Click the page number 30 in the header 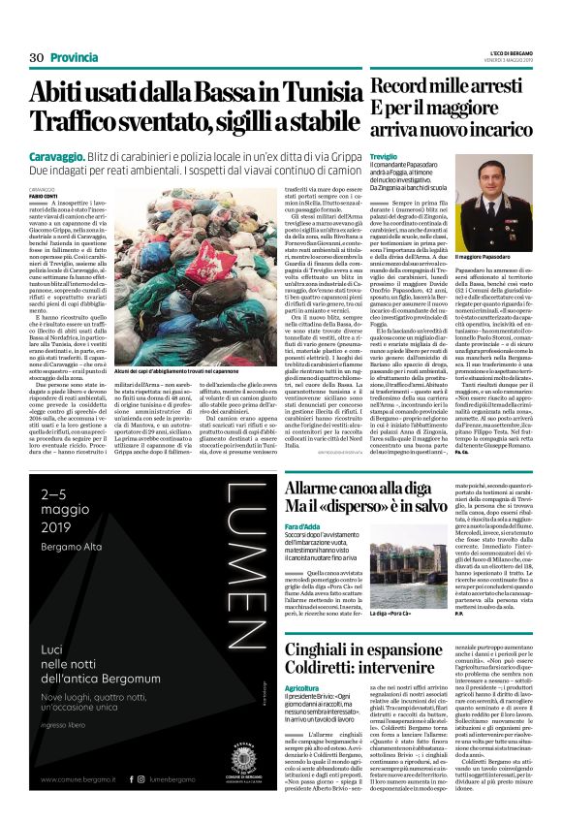[38, 58]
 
